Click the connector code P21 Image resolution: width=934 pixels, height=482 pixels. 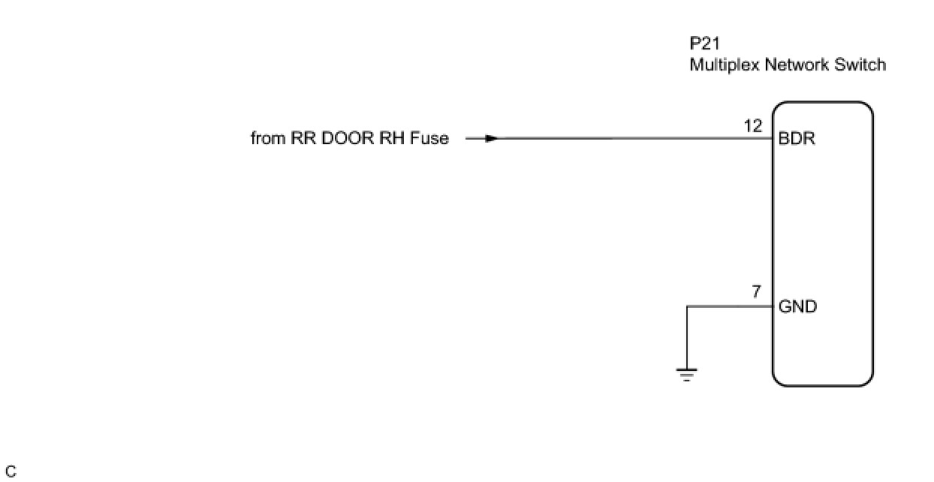(x=706, y=44)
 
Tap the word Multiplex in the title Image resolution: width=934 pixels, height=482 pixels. (x=725, y=65)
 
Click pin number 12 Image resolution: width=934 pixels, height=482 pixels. (x=753, y=127)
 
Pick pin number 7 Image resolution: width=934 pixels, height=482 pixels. (x=758, y=293)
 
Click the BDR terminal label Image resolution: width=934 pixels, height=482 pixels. (x=797, y=140)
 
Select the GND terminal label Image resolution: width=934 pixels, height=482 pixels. (x=798, y=307)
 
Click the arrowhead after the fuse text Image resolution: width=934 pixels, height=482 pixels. (x=490, y=139)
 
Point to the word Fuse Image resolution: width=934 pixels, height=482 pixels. (x=429, y=139)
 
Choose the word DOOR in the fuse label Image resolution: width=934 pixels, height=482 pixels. (x=346, y=139)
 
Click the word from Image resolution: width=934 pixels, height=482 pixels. (x=268, y=139)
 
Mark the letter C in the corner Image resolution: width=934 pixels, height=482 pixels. (x=11, y=472)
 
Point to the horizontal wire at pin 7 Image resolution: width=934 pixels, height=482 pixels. (x=728, y=306)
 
